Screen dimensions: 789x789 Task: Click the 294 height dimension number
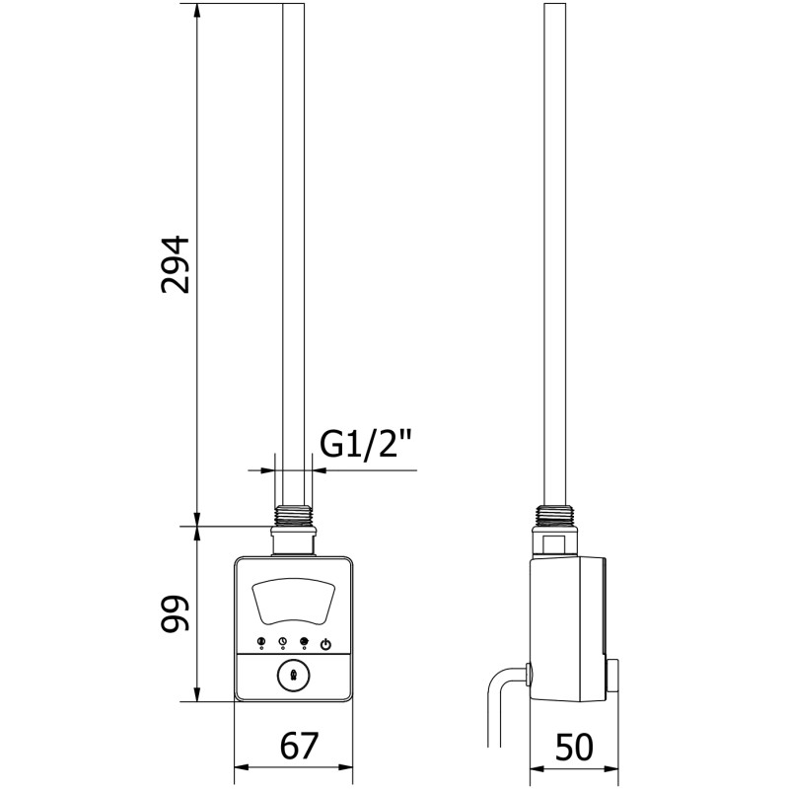[176, 264]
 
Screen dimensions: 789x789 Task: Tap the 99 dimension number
[175, 613]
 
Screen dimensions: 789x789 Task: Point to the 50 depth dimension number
[574, 747]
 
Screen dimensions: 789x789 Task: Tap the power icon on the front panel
[326, 645]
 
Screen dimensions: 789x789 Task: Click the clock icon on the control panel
[283, 642]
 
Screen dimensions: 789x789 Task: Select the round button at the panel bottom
[293, 677]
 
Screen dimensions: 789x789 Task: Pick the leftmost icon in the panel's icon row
[261, 642]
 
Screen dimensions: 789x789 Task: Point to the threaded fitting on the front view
[293, 516]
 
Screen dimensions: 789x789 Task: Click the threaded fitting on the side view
[555, 516]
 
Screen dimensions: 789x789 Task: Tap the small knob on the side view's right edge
[612, 676]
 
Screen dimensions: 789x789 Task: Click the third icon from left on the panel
[304, 642]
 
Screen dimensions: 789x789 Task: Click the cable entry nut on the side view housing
[528, 675]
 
